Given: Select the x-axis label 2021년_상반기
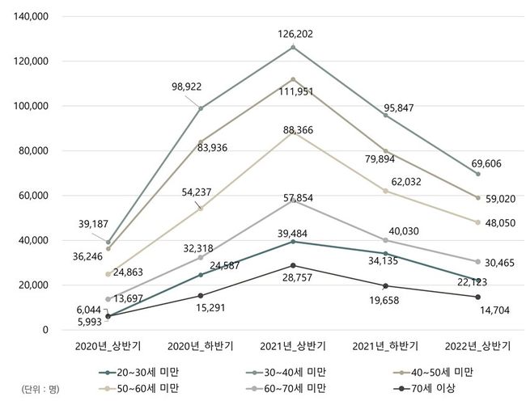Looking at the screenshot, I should [x=293, y=346].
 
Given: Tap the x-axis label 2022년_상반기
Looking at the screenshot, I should [x=477, y=346].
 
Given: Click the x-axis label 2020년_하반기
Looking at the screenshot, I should [x=201, y=346].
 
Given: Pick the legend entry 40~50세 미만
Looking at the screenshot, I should [x=438, y=372].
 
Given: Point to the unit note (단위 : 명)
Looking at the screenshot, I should [x=36, y=389].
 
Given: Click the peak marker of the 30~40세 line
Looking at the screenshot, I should [x=293, y=47].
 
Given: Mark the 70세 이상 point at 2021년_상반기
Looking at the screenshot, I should [x=293, y=265].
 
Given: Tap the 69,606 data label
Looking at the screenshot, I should [x=485, y=163].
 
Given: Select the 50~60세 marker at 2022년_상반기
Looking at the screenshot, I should [x=477, y=222].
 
